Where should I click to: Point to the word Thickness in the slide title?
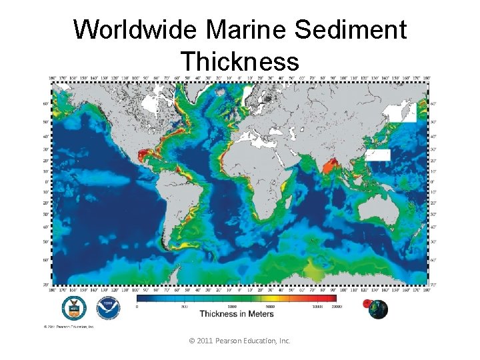(239, 62)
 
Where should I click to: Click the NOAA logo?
(107, 308)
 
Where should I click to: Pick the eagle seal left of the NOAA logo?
(74, 308)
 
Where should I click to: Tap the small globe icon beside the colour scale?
(377, 308)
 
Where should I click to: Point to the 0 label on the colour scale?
(137, 306)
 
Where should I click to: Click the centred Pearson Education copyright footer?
(240, 341)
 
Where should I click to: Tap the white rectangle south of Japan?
(377, 155)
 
